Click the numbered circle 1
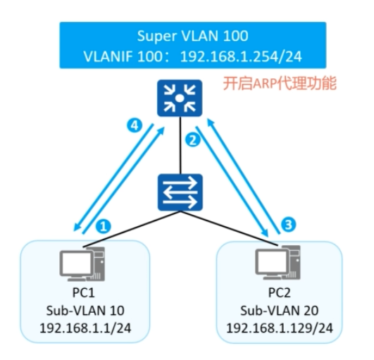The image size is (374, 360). point(104,227)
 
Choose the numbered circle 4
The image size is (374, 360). point(131,125)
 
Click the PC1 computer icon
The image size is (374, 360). point(79,266)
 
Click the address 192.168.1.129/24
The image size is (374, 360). point(278,328)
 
